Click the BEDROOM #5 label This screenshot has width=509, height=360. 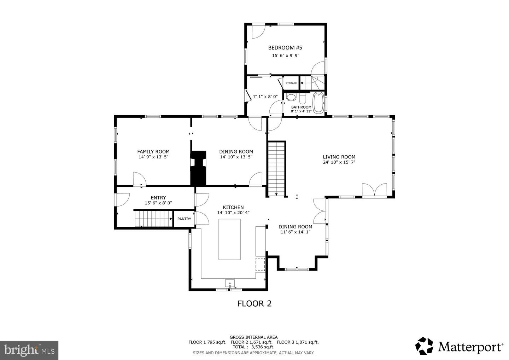(x=285, y=48)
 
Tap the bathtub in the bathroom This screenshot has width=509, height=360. (x=318, y=102)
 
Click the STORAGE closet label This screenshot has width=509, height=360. (x=291, y=83)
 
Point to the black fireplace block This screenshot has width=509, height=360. (x=198, y=168)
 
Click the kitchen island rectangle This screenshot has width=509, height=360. (x=229, y=239)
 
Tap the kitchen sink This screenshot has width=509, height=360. (x=230, y=283)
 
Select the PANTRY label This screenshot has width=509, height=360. (x=184, y=219)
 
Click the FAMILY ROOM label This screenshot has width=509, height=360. (x=153, y=152)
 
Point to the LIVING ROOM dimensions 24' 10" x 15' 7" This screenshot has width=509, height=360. (x=339, y=162)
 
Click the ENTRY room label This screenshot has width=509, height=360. (x=158, y=198)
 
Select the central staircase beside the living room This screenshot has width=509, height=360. (x=276, y=168)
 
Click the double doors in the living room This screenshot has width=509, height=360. (x=374, y=190)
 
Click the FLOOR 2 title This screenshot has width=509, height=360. (x=254, y=303)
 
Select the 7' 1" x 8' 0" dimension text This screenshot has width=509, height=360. (x=265, y=97)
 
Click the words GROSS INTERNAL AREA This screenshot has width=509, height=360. (x=253, y=337)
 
